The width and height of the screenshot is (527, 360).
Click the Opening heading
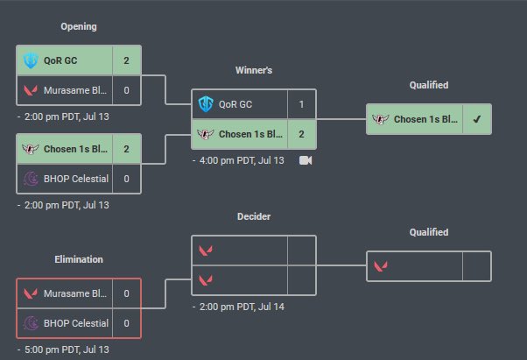pyautogui.click(x=79, y=26)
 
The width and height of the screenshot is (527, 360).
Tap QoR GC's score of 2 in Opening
pyautogui.click(x=126, y=61)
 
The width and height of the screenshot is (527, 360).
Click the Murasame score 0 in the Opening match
pyautogui.click(x=126, y=89)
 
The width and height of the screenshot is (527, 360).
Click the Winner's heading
pyautogui.click(x=253, y=70)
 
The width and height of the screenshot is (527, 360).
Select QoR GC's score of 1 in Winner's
pyautogui.click(x=301, y=104)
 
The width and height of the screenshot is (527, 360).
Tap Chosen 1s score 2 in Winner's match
pyautogui.click(x=301, y=134)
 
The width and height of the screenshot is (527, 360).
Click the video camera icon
pyautogui.click(x=306, y=160)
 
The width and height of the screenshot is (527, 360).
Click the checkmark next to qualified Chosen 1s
pyautogui.click(x=476, y=119)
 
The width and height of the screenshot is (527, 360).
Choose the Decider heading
pyautogui.click(x=253, y=216)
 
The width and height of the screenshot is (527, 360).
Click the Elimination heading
pyautogui.click(x=78, y=259)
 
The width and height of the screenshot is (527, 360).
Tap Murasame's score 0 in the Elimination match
pyautogui.click(x=126, y=293)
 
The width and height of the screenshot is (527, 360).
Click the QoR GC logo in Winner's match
pyautogui.click(x=206, y=104)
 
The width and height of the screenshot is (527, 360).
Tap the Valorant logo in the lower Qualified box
pyautogui.click(x=381, y=265)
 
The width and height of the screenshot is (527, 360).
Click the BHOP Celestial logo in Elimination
pyautogui.click(x=31, y=322)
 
